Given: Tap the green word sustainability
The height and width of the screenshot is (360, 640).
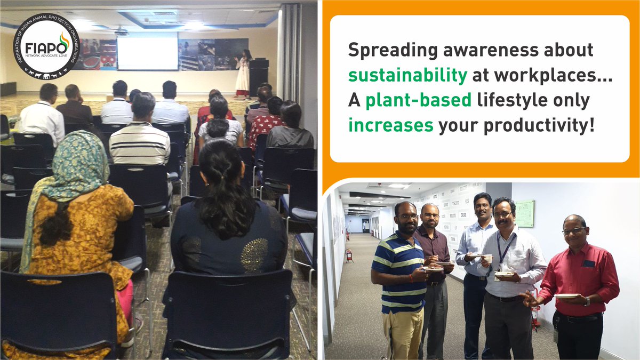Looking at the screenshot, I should (407, 75).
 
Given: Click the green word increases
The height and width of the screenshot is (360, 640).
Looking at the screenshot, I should (391, 125).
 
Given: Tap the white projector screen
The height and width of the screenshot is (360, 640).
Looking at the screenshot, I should (147, 51).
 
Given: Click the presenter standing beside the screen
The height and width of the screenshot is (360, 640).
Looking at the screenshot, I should (243, 75).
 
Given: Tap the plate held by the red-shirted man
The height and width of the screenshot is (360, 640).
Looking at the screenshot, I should (567, 295).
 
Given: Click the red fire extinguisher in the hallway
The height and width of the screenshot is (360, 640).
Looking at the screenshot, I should (349, 255).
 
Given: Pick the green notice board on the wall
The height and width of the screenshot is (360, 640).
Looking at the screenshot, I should (524, 213).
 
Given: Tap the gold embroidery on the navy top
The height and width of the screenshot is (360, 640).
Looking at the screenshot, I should (254, 255).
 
